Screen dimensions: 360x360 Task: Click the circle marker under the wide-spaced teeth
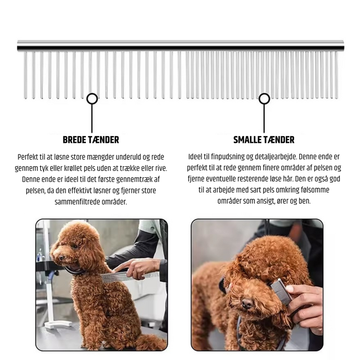92,99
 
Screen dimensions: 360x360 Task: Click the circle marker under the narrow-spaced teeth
264,99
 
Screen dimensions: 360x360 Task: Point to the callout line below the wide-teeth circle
92,118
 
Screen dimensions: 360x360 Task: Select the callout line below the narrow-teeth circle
264,118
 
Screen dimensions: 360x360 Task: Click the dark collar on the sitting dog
75,271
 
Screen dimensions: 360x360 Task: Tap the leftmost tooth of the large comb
25,75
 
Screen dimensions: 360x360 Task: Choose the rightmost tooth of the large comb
337,75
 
